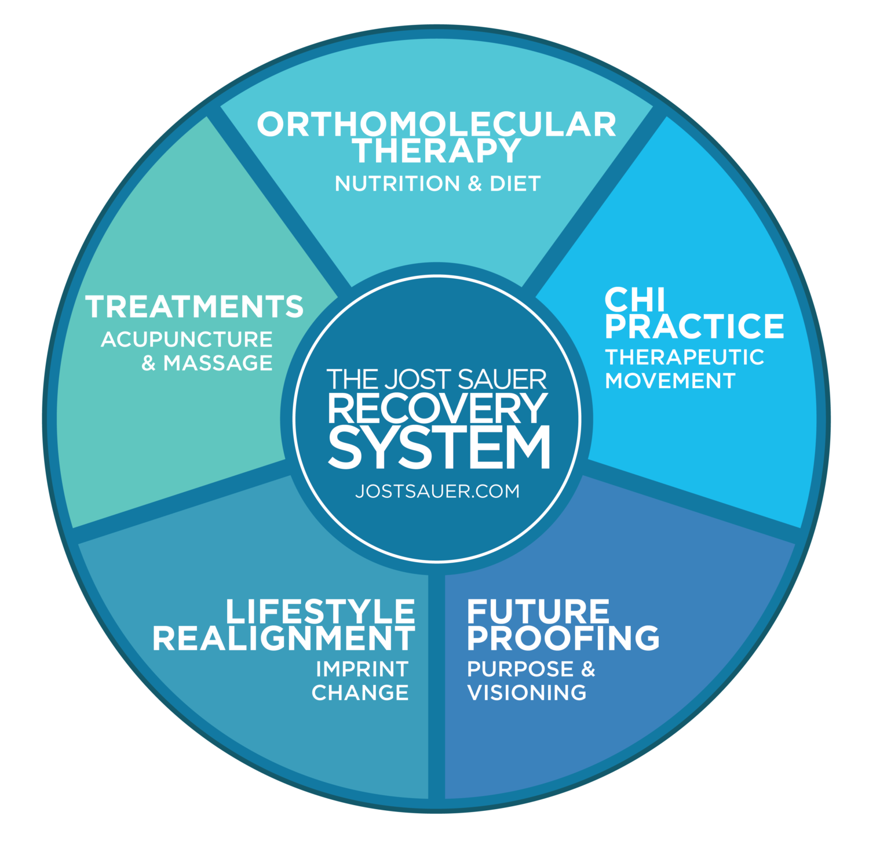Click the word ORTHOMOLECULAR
click(x=436, y=124)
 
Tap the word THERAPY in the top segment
click(x=438, y=152)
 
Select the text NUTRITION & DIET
click(x=437, y=184)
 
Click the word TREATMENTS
click(x=195, y=307)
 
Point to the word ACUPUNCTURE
click(x=187, y=339)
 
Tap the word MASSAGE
click(x=218, y=363)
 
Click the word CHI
click(x=634, y=300)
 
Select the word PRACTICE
click(x=694, y=326)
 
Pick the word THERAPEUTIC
click(x=684, y=357)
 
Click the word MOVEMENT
click(x=670, y=381)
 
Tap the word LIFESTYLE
click(x=320, y=611)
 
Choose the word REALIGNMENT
click(x=284, y=638)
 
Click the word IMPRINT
click(x=362, y=669)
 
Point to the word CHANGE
click(x=360, y=693)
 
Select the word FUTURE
click(x=538, y=611)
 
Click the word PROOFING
click(x=563, y=638)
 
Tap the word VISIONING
click(x=527, y=693)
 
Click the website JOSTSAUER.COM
click(x=437, y=491)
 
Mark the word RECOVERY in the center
click(x=437, y=408)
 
